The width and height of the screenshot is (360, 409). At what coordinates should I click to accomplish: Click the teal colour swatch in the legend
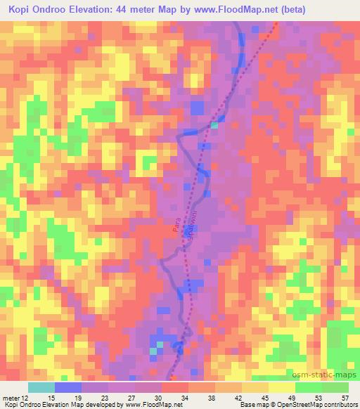tap(41, 387)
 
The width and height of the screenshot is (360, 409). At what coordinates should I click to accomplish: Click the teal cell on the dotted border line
tap(214, 125)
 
